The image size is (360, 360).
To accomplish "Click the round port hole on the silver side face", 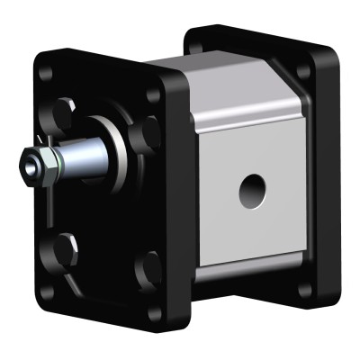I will [252, 189].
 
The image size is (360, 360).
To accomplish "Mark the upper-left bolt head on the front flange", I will [63, 113].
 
